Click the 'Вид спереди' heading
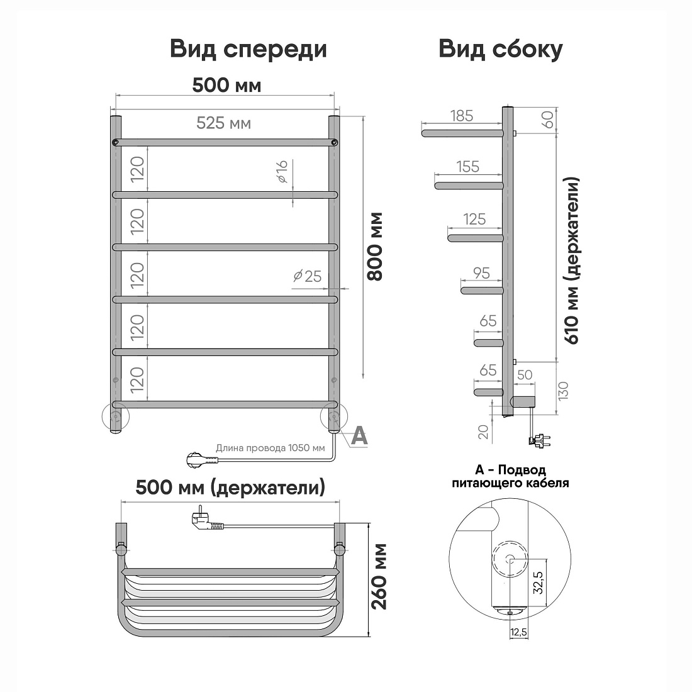click(248, 50)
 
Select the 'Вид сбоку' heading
click(501, 50)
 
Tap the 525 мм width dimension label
click(224, 123)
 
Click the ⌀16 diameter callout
click(282, 172)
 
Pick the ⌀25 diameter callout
click(308, 276)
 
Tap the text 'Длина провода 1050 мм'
click(270, 448)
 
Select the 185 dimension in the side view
click(462, 116)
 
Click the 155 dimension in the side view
click(468, 166)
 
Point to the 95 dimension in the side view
click(481, 273)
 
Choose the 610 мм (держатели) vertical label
click(571, 260)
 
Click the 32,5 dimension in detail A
click(539, 581)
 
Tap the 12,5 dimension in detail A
click(518, 632)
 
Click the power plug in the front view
click(202, 459)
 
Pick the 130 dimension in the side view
click(564, 391)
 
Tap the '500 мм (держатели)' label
click(230, 488)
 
